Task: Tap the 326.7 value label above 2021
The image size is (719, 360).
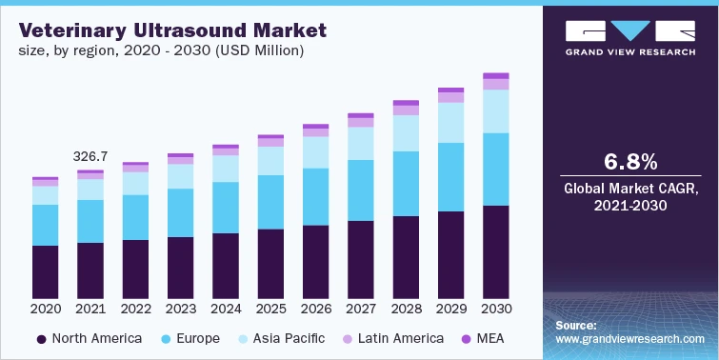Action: point(90,155)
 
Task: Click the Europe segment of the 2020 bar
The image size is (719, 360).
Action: point(45,225)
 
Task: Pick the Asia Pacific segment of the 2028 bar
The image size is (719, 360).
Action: point(406,133)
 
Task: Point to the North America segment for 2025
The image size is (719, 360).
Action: point(270,263)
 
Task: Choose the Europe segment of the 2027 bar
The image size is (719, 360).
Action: point(361,190)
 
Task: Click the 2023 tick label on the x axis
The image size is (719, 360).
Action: point(180,309)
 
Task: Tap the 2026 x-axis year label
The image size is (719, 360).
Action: point(315,309)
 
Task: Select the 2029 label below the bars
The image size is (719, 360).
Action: point(450,309)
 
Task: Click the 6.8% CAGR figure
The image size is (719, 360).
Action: point(630,159)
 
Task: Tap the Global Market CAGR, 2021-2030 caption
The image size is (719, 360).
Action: point(630,197)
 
